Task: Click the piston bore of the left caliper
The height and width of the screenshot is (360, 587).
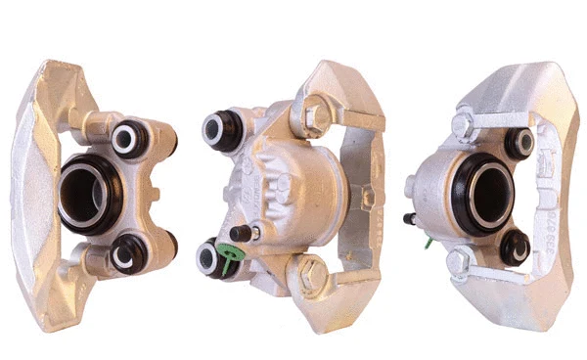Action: click(x=87, y=190)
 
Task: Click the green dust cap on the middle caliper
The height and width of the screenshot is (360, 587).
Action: click(x=231, y=260)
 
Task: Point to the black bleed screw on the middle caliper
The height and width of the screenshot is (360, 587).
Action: click(x=252, y=234)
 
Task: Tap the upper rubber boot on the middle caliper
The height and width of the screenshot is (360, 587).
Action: click(x=221, y=131)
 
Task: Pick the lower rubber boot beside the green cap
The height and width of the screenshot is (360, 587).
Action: click(x=209, y=258)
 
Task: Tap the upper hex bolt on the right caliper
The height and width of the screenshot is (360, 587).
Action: click(x=462, y=125)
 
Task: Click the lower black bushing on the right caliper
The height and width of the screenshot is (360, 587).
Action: click(x=516, y=247)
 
